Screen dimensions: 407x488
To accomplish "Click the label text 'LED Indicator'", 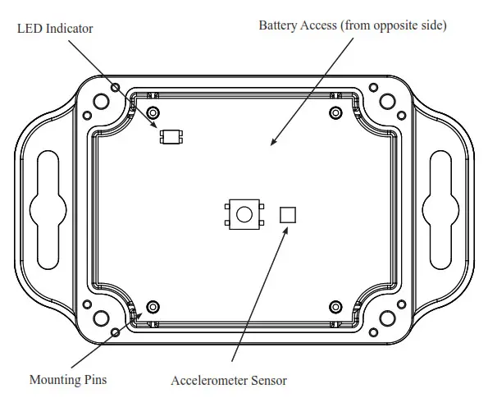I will point(55,29).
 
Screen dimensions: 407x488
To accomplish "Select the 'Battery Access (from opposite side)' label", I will point(353,25).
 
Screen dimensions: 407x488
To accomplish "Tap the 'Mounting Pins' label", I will point(68,379).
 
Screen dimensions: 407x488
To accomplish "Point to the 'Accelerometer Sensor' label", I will point(229,381).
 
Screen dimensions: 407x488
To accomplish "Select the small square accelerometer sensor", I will point(288,215).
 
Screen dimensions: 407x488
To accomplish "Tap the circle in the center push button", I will point(244,215).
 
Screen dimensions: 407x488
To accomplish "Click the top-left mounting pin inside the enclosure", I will point(153,112).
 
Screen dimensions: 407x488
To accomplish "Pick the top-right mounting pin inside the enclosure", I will point(335,112).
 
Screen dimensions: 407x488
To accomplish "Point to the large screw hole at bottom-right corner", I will point(387,318).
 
